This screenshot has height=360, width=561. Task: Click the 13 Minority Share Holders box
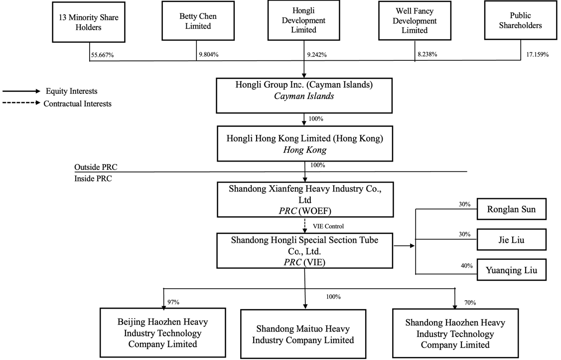pyautogui.click(x=89, y=22)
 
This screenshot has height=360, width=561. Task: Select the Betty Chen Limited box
pyautogui.click(x=198, y=21)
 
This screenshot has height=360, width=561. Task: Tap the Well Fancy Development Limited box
pyautogui.click(x=415, y=21)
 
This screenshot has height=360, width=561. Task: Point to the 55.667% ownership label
pyautogui.click(x=102, y=55)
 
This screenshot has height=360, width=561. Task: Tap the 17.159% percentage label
pyautogui.click(x=537, y=55)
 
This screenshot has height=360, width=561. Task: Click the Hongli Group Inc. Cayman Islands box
pyautogui.click(x=304, y=95)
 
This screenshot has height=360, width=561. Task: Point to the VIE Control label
pyautogui.click(x=328, y=226)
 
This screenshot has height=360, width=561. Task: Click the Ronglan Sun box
pyautogui.click(x=511, y=209)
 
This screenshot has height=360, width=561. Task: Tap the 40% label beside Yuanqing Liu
pyautogui.click(x=467, y=266)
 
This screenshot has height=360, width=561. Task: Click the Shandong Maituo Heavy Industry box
pyautogui.click(x=303, y=334)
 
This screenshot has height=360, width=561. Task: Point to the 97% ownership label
pyautogui.click(x=173, y=302)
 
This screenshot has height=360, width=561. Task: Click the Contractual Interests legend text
pyautogui.click(x=78, y=104)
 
